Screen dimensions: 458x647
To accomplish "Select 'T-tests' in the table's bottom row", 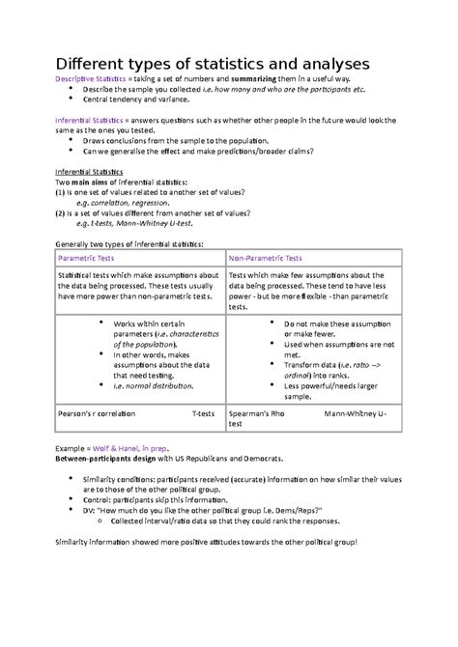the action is click(203, 411).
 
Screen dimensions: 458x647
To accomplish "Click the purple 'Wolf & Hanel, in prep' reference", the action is click(137, 450).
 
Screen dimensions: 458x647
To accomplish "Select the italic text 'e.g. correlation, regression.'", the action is click(126, 203).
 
